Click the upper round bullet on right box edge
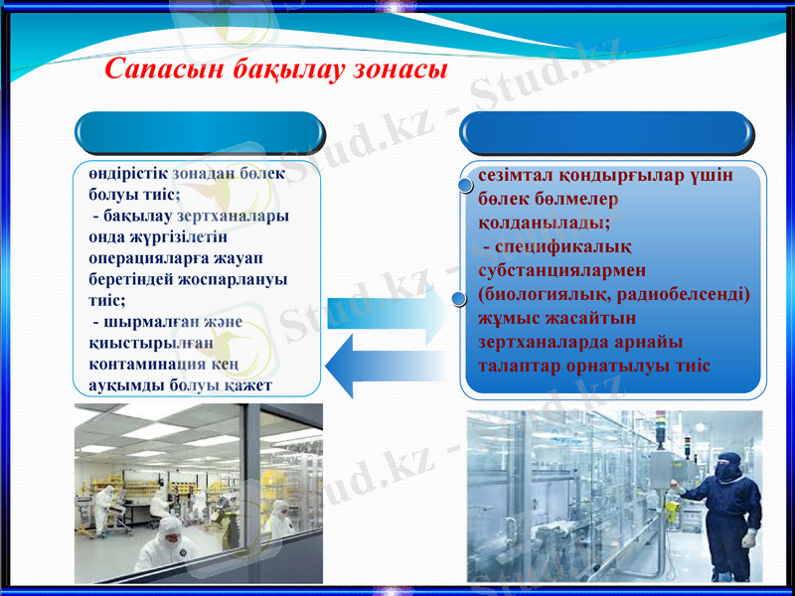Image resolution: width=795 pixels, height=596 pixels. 464,184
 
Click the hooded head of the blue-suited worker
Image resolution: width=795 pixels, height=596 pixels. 729,464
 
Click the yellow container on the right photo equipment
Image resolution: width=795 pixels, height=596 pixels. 673,510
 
